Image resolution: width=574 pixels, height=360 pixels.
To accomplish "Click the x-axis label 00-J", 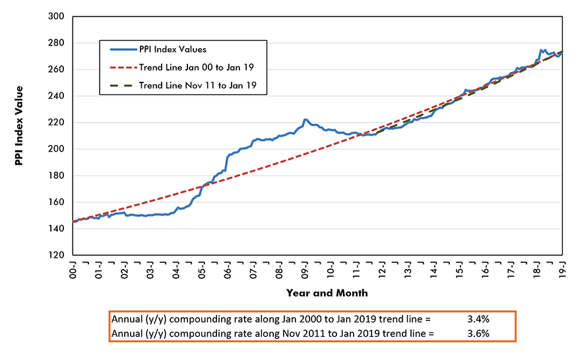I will point(74,270).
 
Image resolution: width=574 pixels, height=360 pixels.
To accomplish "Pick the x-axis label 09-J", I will point(305,270).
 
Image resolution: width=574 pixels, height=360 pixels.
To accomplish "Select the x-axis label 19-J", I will point(562,270).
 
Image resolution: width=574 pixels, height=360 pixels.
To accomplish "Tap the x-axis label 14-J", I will point(433,270).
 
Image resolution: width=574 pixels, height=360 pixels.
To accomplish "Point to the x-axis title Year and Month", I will point(327,292).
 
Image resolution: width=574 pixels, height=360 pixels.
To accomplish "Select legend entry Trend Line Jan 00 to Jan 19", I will point(197,67).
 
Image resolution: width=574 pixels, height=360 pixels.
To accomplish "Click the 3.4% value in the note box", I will point(477,319).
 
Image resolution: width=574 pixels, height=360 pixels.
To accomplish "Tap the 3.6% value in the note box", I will point(477,333).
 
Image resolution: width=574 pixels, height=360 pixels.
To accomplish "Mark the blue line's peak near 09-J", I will point(305,119).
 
